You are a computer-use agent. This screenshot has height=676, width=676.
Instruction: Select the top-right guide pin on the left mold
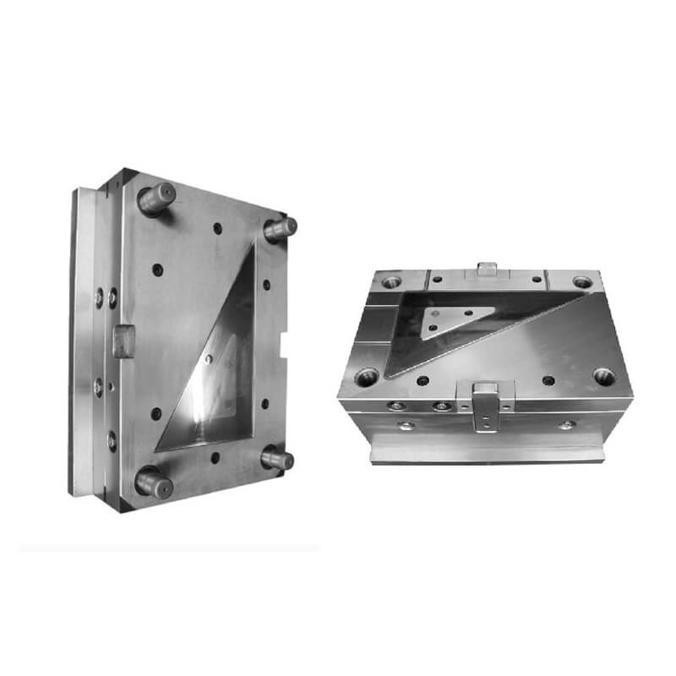tap(280, 227)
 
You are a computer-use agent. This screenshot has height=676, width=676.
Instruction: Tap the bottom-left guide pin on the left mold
tap(153, 482)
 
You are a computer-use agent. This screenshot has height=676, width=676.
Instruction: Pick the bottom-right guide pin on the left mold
tap(277, 460)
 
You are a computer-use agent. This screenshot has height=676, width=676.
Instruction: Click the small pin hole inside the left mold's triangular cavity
tap(210, 359)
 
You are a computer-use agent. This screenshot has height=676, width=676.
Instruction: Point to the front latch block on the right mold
tap(484, 405)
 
